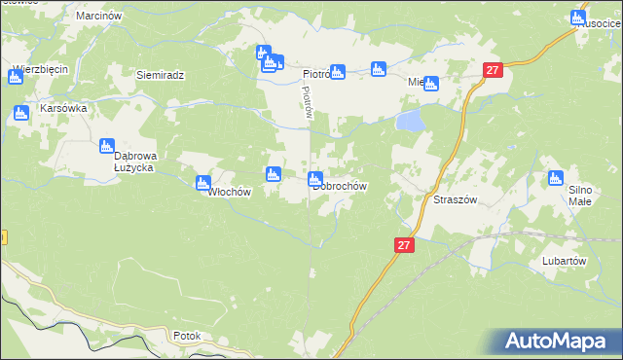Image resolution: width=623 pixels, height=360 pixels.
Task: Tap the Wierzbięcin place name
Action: (x=40, y=70)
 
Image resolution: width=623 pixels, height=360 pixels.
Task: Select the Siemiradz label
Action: (x=161, y=75)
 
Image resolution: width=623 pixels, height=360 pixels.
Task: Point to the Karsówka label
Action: (x=62, y=108)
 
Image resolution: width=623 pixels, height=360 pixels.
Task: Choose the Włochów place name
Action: (x=229, y=192)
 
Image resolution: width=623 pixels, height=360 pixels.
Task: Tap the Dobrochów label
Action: (x=340, y=186)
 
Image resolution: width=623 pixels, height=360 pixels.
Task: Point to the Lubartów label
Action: (x=564, y=262)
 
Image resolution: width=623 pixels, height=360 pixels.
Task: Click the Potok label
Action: (x=186, y=337)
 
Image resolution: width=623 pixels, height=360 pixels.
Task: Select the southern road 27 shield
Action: (x=405, y=246)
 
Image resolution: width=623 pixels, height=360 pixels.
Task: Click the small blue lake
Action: (x=410, y=121)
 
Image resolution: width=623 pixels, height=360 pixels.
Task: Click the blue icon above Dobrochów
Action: (x=316, y=178)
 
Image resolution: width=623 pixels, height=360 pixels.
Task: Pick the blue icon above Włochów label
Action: (x=203, y=181)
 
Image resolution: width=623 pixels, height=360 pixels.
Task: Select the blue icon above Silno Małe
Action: (x=556, y=178)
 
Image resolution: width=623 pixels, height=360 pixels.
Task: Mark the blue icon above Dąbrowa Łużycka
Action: (x=108, y=146)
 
